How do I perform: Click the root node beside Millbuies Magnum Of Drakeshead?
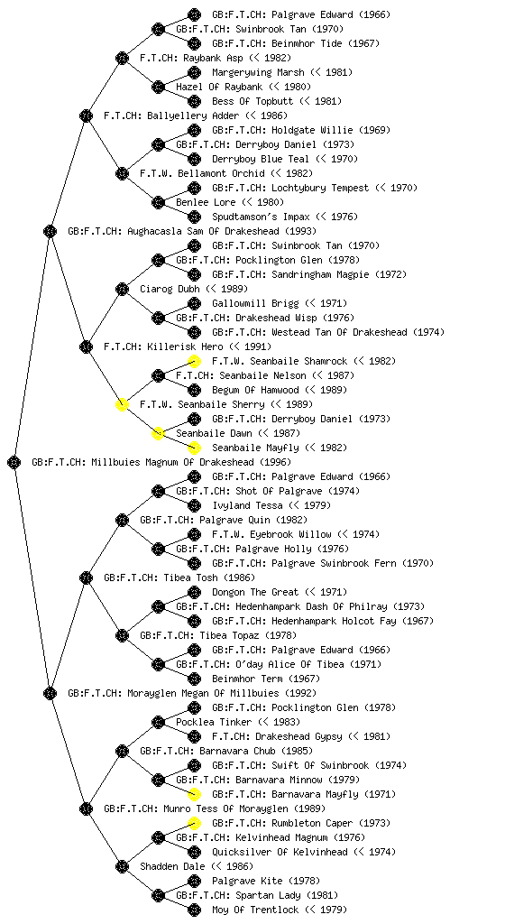[x=14, y=462]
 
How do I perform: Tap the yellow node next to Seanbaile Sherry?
[x=122, y=404]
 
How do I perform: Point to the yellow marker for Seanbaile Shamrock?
[x=194, y=361]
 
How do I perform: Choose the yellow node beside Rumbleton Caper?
[x=194, y=823]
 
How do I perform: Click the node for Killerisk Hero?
[x=86, y=346]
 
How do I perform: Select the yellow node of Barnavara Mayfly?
[x=194, y=794]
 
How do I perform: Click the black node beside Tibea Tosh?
[x=86, y=577]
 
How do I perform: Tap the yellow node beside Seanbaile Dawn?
[x=158, y=433]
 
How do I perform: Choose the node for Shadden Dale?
[x=122, y=866]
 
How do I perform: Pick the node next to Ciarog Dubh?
[x=122, y=289]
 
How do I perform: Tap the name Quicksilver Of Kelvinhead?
[x=280, y=852]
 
